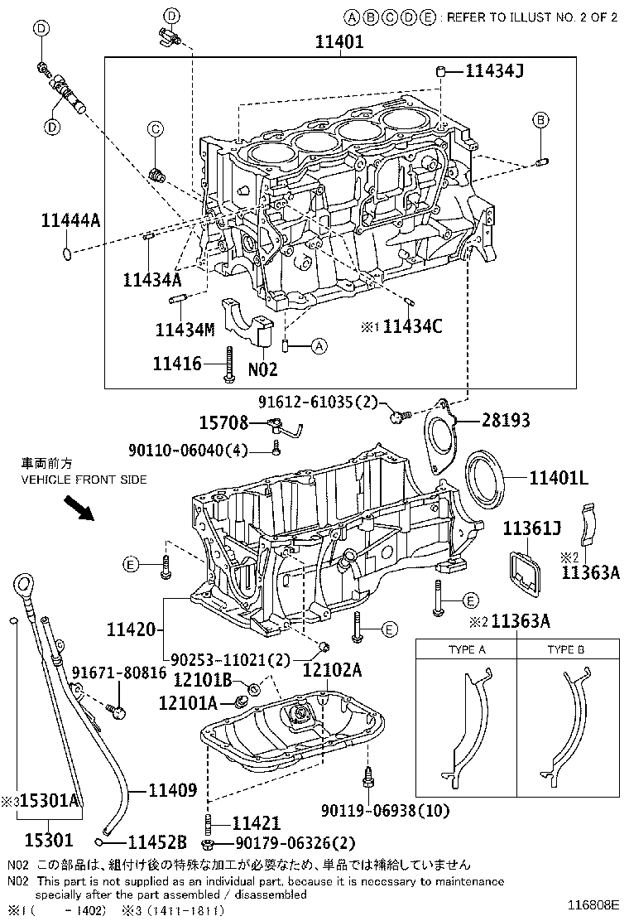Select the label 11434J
coord(494,72)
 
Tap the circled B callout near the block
coord(540,120)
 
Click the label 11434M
coord(185,329)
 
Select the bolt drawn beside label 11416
coord(226,364)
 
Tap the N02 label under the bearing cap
coord(262,369)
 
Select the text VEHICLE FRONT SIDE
coord(84,480)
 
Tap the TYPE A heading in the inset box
coord(466,650)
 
